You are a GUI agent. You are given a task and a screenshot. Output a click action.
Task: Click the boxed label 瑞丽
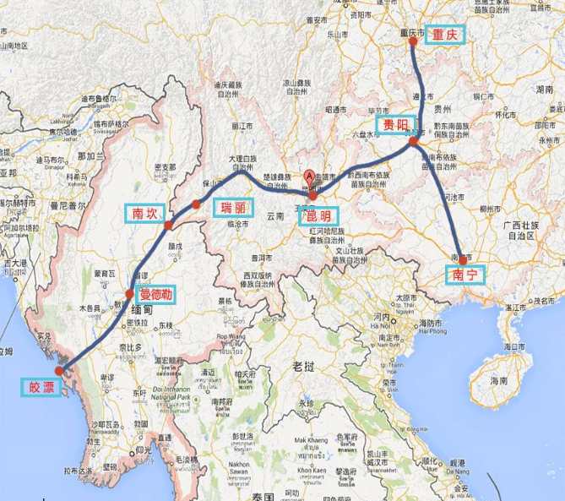(x=232, y=208)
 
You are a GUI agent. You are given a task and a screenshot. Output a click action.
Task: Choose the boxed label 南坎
(x=140, y=213)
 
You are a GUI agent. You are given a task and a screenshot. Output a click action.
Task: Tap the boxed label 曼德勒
(x=156, y=295)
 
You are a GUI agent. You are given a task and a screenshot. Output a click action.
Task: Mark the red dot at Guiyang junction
(x=413, y=142)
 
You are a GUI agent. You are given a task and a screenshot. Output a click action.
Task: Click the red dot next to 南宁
(x=462, y=260)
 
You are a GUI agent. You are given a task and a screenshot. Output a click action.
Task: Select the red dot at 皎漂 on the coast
(x=57, y=370)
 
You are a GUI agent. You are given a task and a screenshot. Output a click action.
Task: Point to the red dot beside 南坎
(x=168, y=226)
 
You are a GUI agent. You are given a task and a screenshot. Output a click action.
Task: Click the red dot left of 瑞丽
(x=196, y=204)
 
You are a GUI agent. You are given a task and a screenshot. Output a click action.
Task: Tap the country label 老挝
(x=302, y=366)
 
